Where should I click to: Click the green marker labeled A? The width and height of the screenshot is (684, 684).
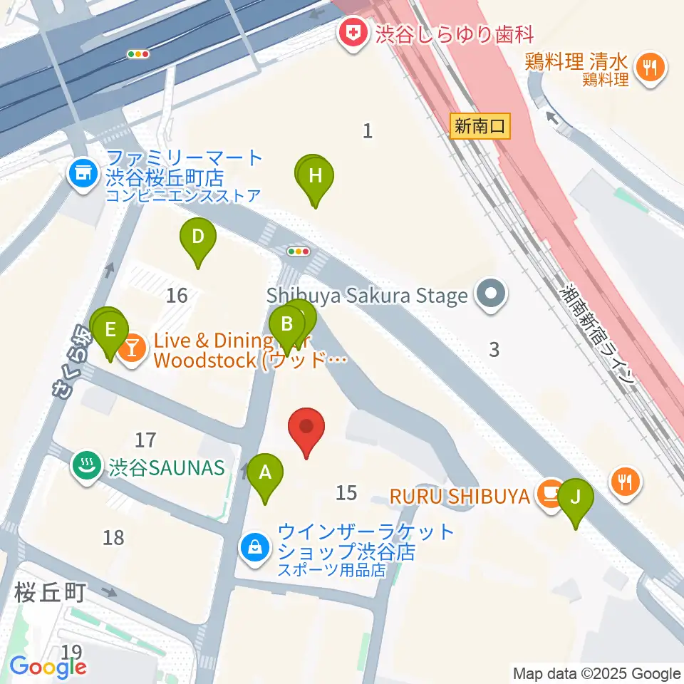pos(265,472)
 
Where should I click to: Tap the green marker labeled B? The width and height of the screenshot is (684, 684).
pos(287,325)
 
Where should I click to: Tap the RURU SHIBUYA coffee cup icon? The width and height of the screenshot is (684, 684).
pos(551,492)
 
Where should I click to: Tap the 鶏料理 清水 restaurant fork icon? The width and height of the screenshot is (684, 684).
pos(650,68)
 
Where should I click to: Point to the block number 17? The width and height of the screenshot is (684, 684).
pos(145,440)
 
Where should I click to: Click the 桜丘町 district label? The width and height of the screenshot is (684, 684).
pos(50,591)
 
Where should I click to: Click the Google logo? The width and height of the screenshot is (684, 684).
pos(48,668)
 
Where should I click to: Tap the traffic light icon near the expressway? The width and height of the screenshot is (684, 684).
pos(138,53)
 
